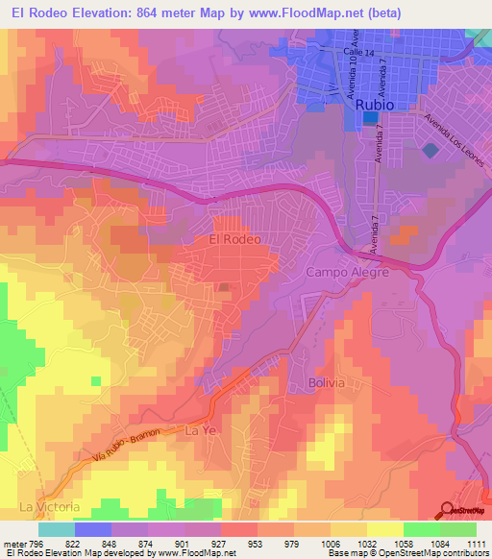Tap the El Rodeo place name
(234, 238)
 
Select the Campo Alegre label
(347, 273)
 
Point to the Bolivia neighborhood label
(326, 382)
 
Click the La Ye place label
(197, 432)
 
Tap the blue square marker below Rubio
(371, 118)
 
